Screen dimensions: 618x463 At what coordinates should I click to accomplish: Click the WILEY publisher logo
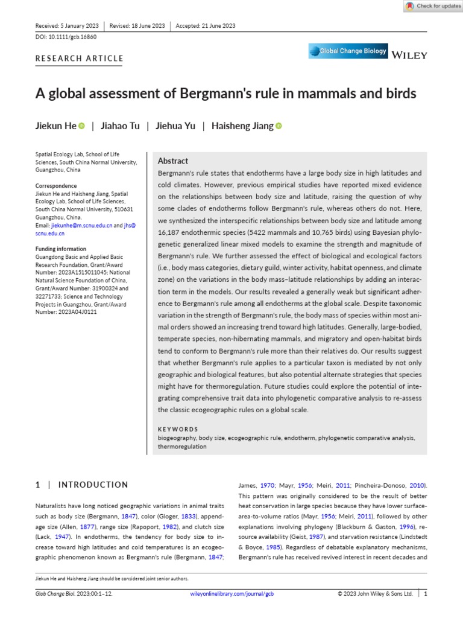(409, 55)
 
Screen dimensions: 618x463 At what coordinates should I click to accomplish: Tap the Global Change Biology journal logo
(348, 51)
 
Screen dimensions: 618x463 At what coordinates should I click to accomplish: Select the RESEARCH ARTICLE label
(80, 59)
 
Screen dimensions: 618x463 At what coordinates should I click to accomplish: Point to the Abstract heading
(172, 161)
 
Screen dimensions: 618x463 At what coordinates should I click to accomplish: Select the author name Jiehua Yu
(175, 126)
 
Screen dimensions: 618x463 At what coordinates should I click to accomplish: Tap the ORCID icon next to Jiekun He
(82, 126)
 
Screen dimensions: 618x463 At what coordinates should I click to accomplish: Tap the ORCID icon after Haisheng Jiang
(279, 126)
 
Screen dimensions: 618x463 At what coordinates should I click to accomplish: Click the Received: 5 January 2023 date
(68, 25)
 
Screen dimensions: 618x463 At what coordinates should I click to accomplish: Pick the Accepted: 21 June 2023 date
(205, 25)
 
